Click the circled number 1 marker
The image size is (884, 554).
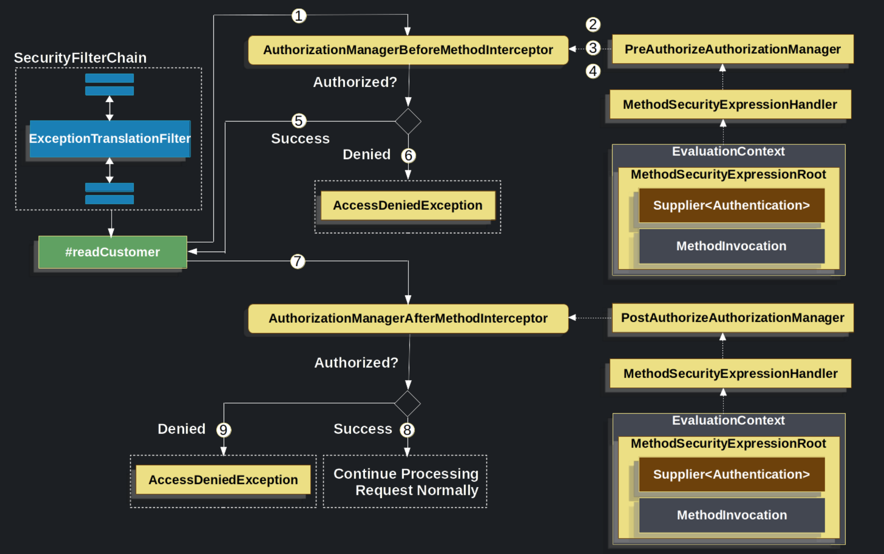tap(299, 16)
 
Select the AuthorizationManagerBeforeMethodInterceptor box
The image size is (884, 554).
tap(408, 50)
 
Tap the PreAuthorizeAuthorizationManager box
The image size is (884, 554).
tap(732, 49)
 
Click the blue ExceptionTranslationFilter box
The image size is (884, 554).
tap(110, 138)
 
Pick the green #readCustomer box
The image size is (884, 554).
tap(112, 252)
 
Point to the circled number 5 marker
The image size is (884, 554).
tap(299, 121)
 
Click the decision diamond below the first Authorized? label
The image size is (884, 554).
tap(408, 121)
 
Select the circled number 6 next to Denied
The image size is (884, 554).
tap(408, 155)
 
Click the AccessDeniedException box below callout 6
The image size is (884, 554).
tap(408, 205)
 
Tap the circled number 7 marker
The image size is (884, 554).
tap(298, 261)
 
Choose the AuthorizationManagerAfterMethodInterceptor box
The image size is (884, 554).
tap(408, 318)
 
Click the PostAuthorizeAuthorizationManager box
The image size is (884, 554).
tap(732, 318)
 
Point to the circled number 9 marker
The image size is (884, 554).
tap(223, 430)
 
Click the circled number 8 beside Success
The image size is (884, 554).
tap(407, 430)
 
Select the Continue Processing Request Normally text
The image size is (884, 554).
tap(406, 482)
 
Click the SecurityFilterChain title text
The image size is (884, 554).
tap(80, 58)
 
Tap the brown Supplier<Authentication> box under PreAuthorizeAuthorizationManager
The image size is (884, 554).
tap(731, 205)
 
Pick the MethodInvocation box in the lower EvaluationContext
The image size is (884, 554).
tap(731, 515)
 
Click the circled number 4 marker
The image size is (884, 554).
tap(593, 71)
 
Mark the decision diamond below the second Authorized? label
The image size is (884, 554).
tap(407, 403)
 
